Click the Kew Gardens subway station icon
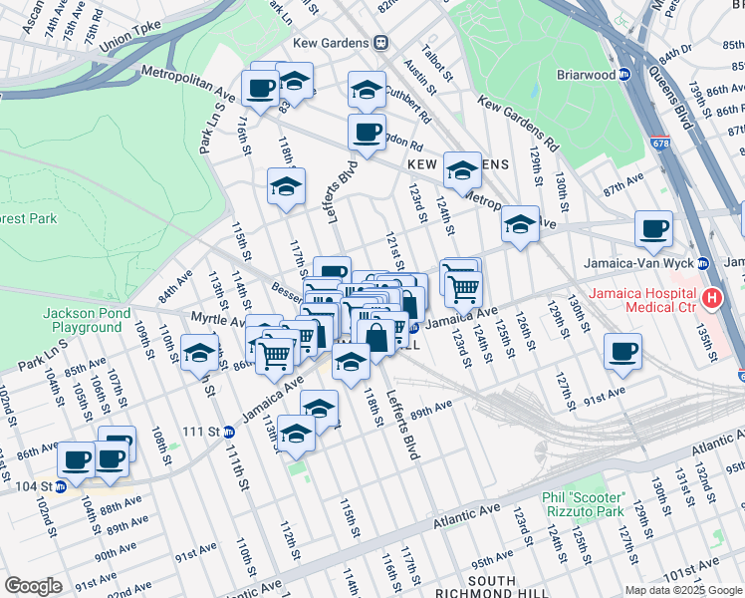(x=380, y=43)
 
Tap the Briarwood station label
(x=582, y=73)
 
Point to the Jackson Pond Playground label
(x=88, y=320)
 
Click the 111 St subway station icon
(x=228, y=431)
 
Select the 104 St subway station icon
(x=60, y=487)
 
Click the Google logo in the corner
(x=33, y=586)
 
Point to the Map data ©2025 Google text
(x=682, y=590)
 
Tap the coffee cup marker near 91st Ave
(x=622, y=352)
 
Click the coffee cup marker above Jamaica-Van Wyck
(x=653, y=228)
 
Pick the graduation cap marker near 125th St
(x=519, y=224)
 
